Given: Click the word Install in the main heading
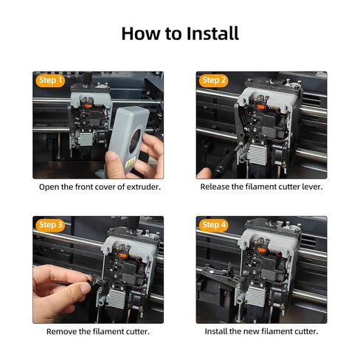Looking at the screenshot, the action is tap(212, 33).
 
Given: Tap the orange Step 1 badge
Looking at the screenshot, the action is tap(50, 80).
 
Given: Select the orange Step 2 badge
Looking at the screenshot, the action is tap(213, 80).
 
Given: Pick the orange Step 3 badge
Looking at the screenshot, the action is tap(50, 225).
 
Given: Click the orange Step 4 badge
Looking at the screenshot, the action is tap(213, 225).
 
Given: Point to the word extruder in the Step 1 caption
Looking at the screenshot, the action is tap(143, 187).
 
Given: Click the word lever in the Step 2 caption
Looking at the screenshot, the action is tap(312, 187).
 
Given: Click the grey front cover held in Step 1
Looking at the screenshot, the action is tap(128, 139).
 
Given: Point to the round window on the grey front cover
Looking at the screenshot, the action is tap(135, 141).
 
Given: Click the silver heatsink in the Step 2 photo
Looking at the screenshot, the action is tap(256, 155).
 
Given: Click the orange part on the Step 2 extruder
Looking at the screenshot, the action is tap(260, 107).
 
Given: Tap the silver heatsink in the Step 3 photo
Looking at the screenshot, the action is tap(117, 299).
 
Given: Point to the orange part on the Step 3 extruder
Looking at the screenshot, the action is tap(122, 255).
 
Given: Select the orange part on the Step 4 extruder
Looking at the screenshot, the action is tap(261, 250).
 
